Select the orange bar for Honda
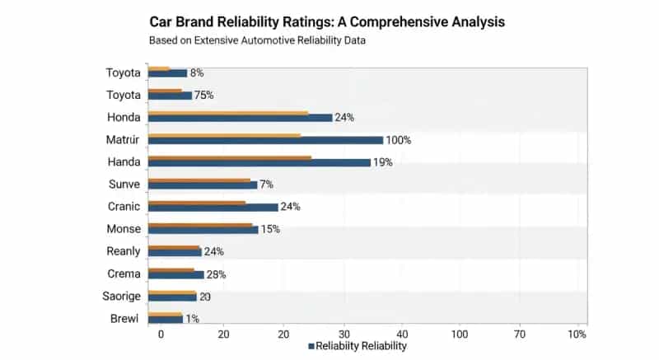(x=228, y=113)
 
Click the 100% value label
(x=398, y=140)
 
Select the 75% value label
(x=203, y=96)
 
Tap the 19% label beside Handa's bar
(x=382, y=162)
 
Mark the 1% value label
(x=193, y=319)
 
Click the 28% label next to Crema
(x=215, y=274)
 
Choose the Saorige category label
(x=121, y=295)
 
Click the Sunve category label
(x=124, y=184)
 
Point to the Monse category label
(x=124, y=228)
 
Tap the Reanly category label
(x=124, y=250)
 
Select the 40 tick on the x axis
(x=402, y=334)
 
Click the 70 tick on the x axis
(x=519, y=334)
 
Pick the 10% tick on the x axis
(x=577, y=334)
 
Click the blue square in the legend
(x=311, y=347)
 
